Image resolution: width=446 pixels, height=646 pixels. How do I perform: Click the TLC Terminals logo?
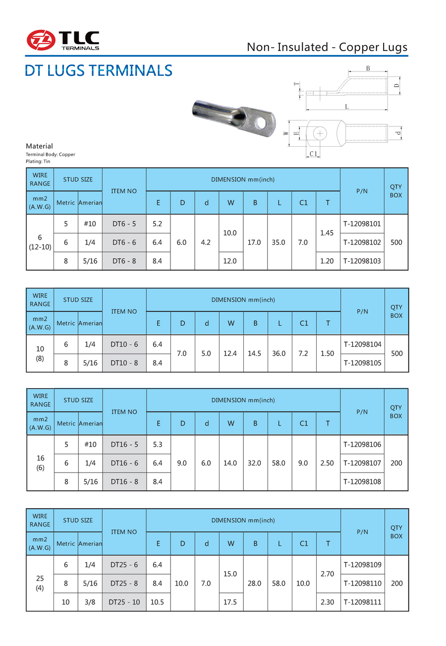(63, 40)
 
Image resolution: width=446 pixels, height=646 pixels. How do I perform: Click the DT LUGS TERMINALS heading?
(99, 70)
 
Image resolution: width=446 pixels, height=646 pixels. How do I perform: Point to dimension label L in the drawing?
(346, 107)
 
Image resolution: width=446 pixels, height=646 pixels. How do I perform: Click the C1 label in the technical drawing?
(313, 155)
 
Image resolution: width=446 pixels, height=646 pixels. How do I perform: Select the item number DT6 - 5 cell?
(124, 224)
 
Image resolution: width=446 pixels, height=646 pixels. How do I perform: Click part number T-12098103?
(362, 261)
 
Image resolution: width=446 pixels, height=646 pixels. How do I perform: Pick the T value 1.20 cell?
(327, 261)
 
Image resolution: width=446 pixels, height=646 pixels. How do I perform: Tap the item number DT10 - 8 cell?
(124, 363)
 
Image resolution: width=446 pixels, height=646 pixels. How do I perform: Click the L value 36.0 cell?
(279, 353)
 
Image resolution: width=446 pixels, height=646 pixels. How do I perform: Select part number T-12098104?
(362, 344)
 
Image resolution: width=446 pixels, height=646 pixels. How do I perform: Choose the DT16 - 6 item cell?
(124, 463)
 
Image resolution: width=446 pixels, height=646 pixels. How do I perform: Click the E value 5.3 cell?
(158, 444)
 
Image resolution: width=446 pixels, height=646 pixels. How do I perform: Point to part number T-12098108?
(362, 481)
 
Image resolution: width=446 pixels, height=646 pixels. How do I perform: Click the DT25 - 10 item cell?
(124, 602)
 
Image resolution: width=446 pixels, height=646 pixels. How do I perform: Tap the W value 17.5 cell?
(230, 602)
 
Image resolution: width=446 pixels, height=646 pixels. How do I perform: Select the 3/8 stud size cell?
(90, 602)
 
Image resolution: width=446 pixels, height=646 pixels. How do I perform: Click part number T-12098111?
(362, 602)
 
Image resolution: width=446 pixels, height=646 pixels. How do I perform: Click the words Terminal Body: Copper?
(51, 155)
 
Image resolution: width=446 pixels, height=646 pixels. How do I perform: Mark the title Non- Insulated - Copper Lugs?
(327, 48)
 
